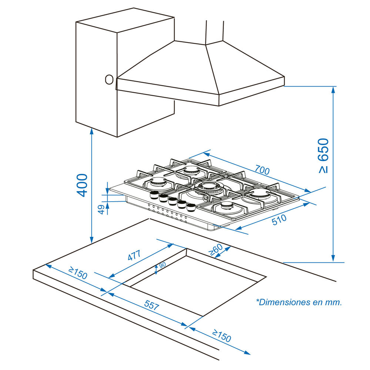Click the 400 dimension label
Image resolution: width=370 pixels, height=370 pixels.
82,185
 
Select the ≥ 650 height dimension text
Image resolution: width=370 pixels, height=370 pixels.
323,155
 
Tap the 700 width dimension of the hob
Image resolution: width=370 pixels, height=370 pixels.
262,171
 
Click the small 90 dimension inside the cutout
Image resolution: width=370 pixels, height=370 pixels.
162,266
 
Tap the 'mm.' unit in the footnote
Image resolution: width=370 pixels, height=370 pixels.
333,302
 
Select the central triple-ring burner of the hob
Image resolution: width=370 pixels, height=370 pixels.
208,188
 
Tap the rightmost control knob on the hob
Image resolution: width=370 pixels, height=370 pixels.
191,207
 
